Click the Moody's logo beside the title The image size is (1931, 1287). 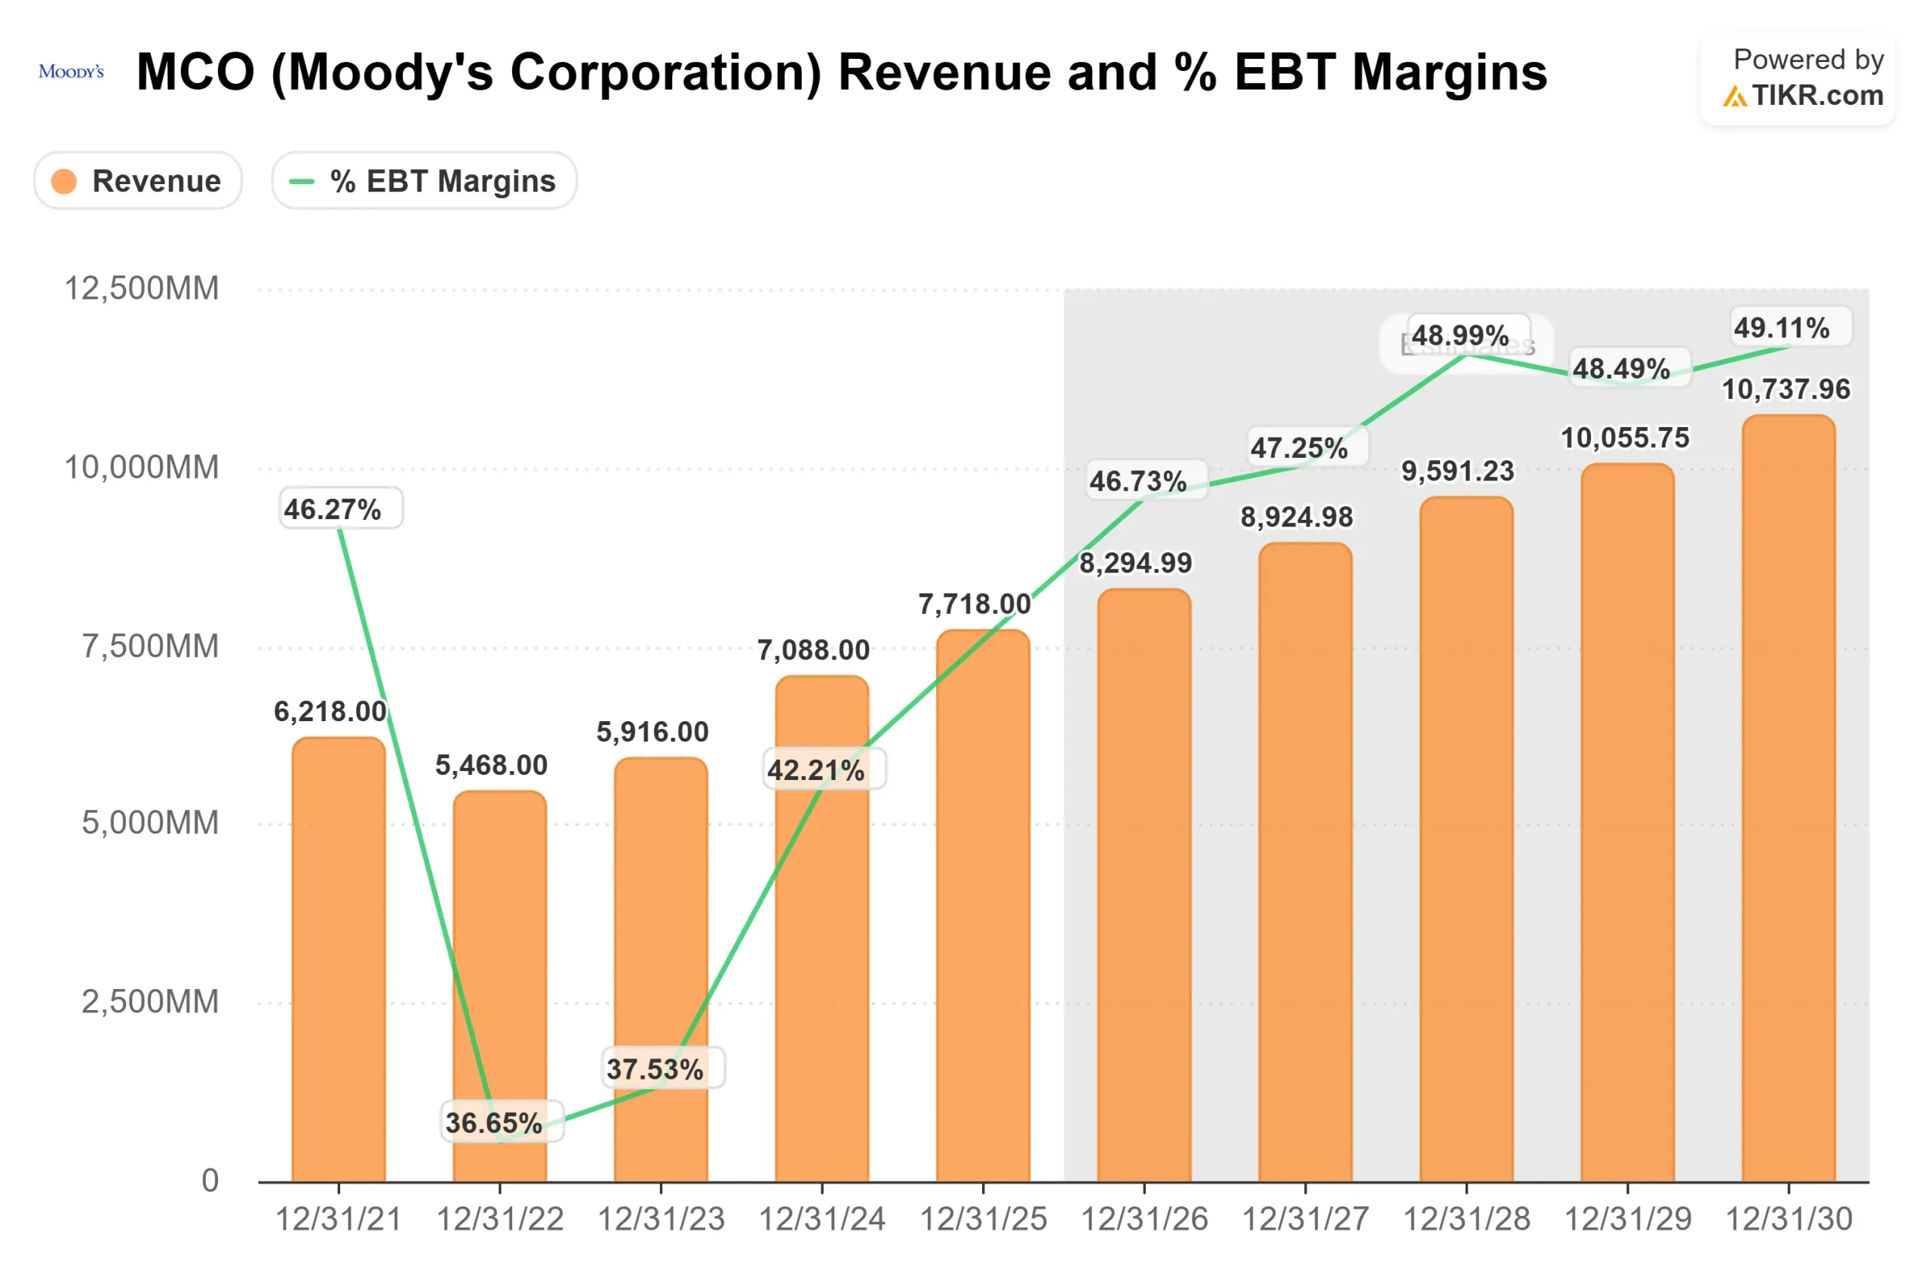click(72, 72)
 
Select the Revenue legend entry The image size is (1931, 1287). click(138, 180)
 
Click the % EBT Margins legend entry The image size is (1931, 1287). click(424, 180)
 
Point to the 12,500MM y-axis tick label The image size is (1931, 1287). click(141, 288)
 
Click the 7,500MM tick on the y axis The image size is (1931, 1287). click(149, 646)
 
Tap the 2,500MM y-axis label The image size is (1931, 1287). click(149, 1001)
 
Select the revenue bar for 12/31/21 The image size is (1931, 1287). click(339, 960)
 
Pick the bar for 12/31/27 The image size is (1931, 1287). click(1305, 862)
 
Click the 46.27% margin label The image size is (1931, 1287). click(333, 509)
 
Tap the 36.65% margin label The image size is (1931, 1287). click(494, 1122)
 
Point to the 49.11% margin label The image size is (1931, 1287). click(1781, 328)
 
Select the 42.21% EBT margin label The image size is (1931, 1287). click(815, 770)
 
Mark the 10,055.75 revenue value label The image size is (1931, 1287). click(1624, 438)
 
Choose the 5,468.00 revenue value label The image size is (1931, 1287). click(491, 765)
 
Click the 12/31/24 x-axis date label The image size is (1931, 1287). click(821, 1219)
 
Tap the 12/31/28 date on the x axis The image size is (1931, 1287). click(1466, 1219)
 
